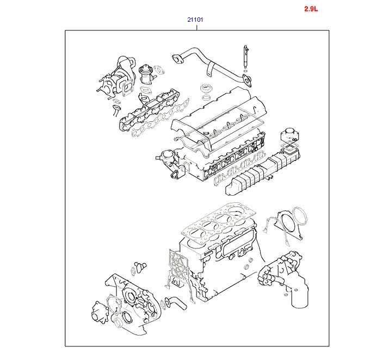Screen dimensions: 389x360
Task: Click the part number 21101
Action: pyautogui.click(x=195, y=20)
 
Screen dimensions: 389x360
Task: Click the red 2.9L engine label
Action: pyautogui.click(x=311, y=9)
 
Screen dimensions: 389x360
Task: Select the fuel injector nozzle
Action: pyautogui.click(x=245, y=57)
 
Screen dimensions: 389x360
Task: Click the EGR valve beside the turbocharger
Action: pyautogui.click(x=145, y=75)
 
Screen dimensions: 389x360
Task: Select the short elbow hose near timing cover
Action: pyautogui.click(x=176, y=302)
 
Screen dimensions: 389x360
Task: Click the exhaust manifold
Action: pyautogui.click(x=149, y=109)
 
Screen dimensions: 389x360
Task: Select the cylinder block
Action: pyautogui.click(x=218, y=263)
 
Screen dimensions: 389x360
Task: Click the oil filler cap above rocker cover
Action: pyautogui.click(x=206, y=88)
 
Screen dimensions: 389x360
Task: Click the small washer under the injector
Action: pyautogui.click(x=245, y=71)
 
